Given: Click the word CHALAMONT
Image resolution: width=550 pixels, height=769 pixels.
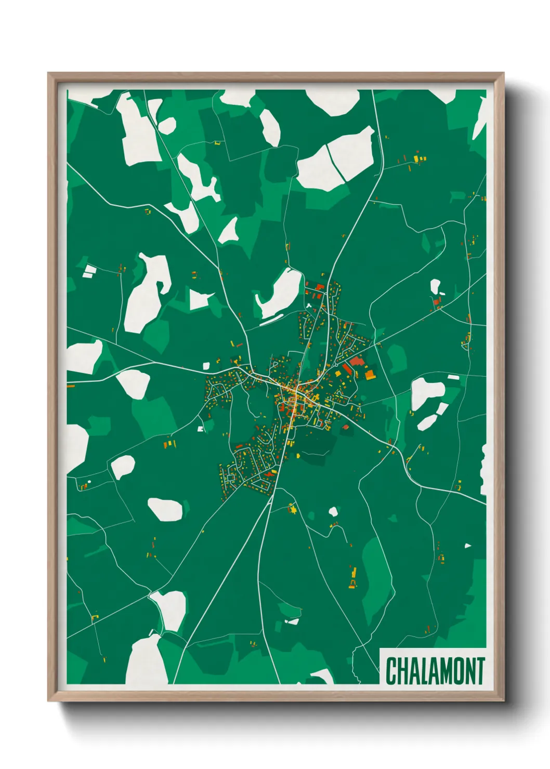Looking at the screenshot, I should click(435, 671).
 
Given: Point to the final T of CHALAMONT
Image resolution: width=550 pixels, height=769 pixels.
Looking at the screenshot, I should click(479, 671).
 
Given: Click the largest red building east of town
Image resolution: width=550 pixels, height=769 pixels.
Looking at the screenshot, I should click(357, 361).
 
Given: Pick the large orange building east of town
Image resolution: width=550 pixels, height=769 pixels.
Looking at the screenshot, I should click(369, 374).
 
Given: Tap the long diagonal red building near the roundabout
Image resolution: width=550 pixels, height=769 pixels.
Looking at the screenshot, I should click(346, 369).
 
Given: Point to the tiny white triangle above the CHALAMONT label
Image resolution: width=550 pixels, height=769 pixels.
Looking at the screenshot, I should click(467, 546).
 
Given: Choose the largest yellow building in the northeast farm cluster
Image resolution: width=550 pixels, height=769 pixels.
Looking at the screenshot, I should click(416, 158).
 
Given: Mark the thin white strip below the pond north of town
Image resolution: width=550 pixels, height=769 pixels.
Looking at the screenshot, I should click(272, 320).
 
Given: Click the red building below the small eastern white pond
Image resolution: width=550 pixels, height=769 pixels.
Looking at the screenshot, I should click(436, 301).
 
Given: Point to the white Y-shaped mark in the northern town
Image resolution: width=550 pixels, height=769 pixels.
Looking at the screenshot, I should click(309, 305).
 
